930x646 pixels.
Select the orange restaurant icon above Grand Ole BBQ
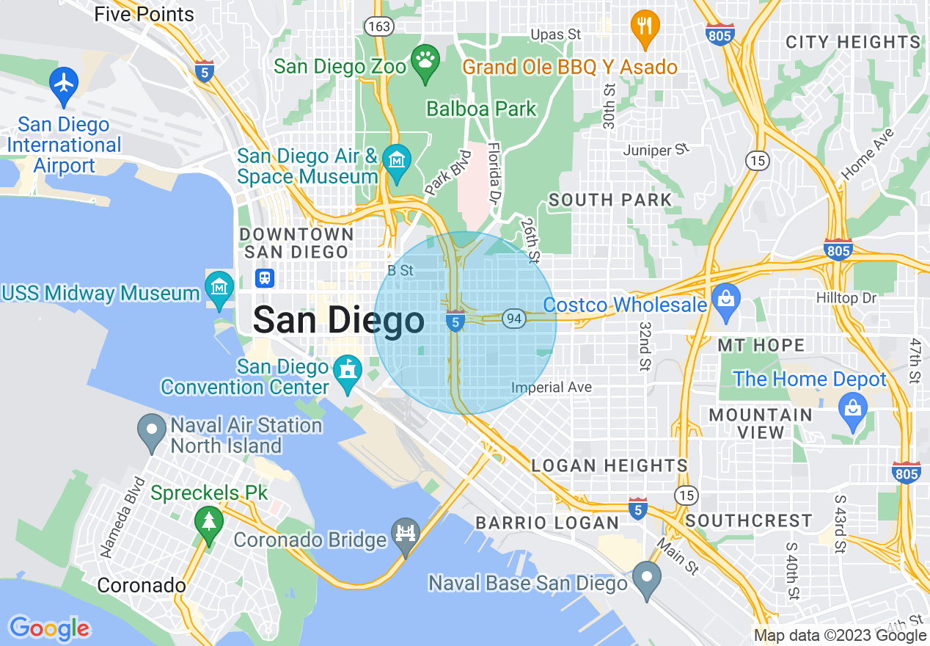point(645,27)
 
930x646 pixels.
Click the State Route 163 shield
point(378,26)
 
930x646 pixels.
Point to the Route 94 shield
point(513,319)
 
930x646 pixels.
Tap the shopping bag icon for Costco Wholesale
point(725,300)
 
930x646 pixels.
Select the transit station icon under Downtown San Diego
point(265,278)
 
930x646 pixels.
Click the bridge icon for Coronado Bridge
point(405,532)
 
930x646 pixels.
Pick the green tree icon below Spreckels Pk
point(209,522)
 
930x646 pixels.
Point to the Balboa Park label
point(482,109)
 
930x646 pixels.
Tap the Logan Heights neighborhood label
point(609,465)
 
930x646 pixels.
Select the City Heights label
point(852,42)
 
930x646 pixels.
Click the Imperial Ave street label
point(551,387)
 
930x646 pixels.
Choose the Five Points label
point(144,14)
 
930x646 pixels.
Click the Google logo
point(49,628)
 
